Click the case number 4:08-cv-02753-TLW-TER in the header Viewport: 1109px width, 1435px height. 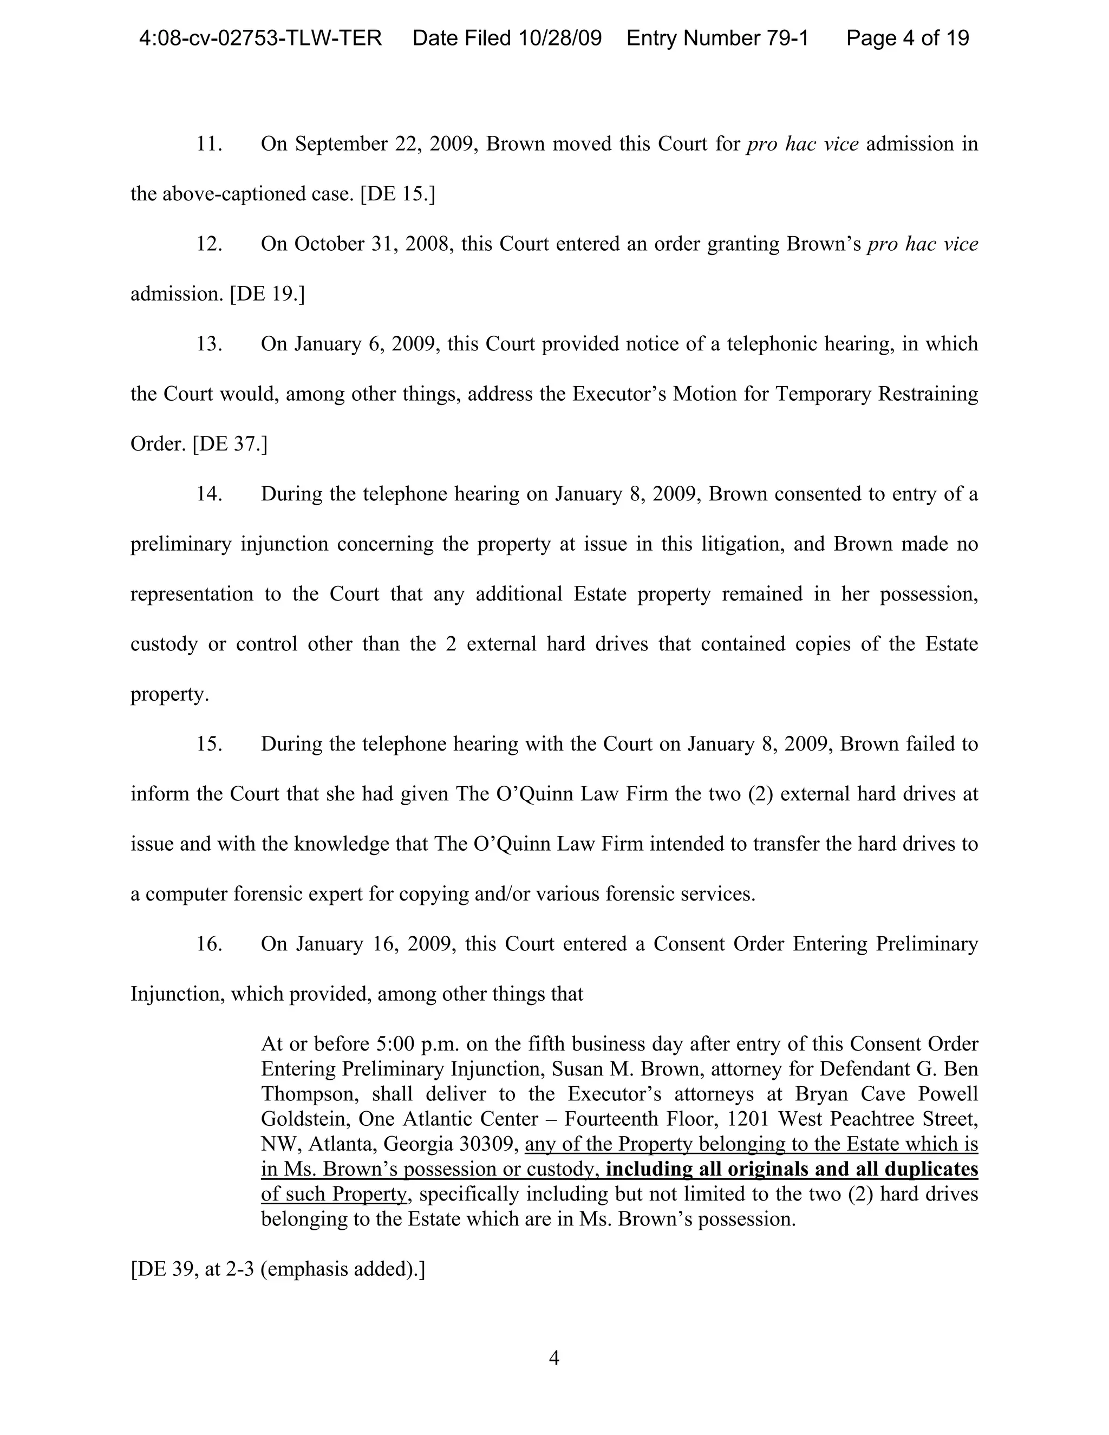pyautogui.click(x=260, y=38)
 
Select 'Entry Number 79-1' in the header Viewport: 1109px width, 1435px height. pyautogui.click(x=717, y=38)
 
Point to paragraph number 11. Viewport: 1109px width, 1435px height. pyautogui.click(x=209, y=144)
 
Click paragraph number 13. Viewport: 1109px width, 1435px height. pyautogui.click(x=209, y=344)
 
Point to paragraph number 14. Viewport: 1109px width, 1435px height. pyautogui.click(x=209, y=493)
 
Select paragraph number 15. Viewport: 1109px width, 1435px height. pyautogui.click(x=209, y=744)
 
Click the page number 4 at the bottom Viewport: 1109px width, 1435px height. pyautogui.click(x=554, y=1358)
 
